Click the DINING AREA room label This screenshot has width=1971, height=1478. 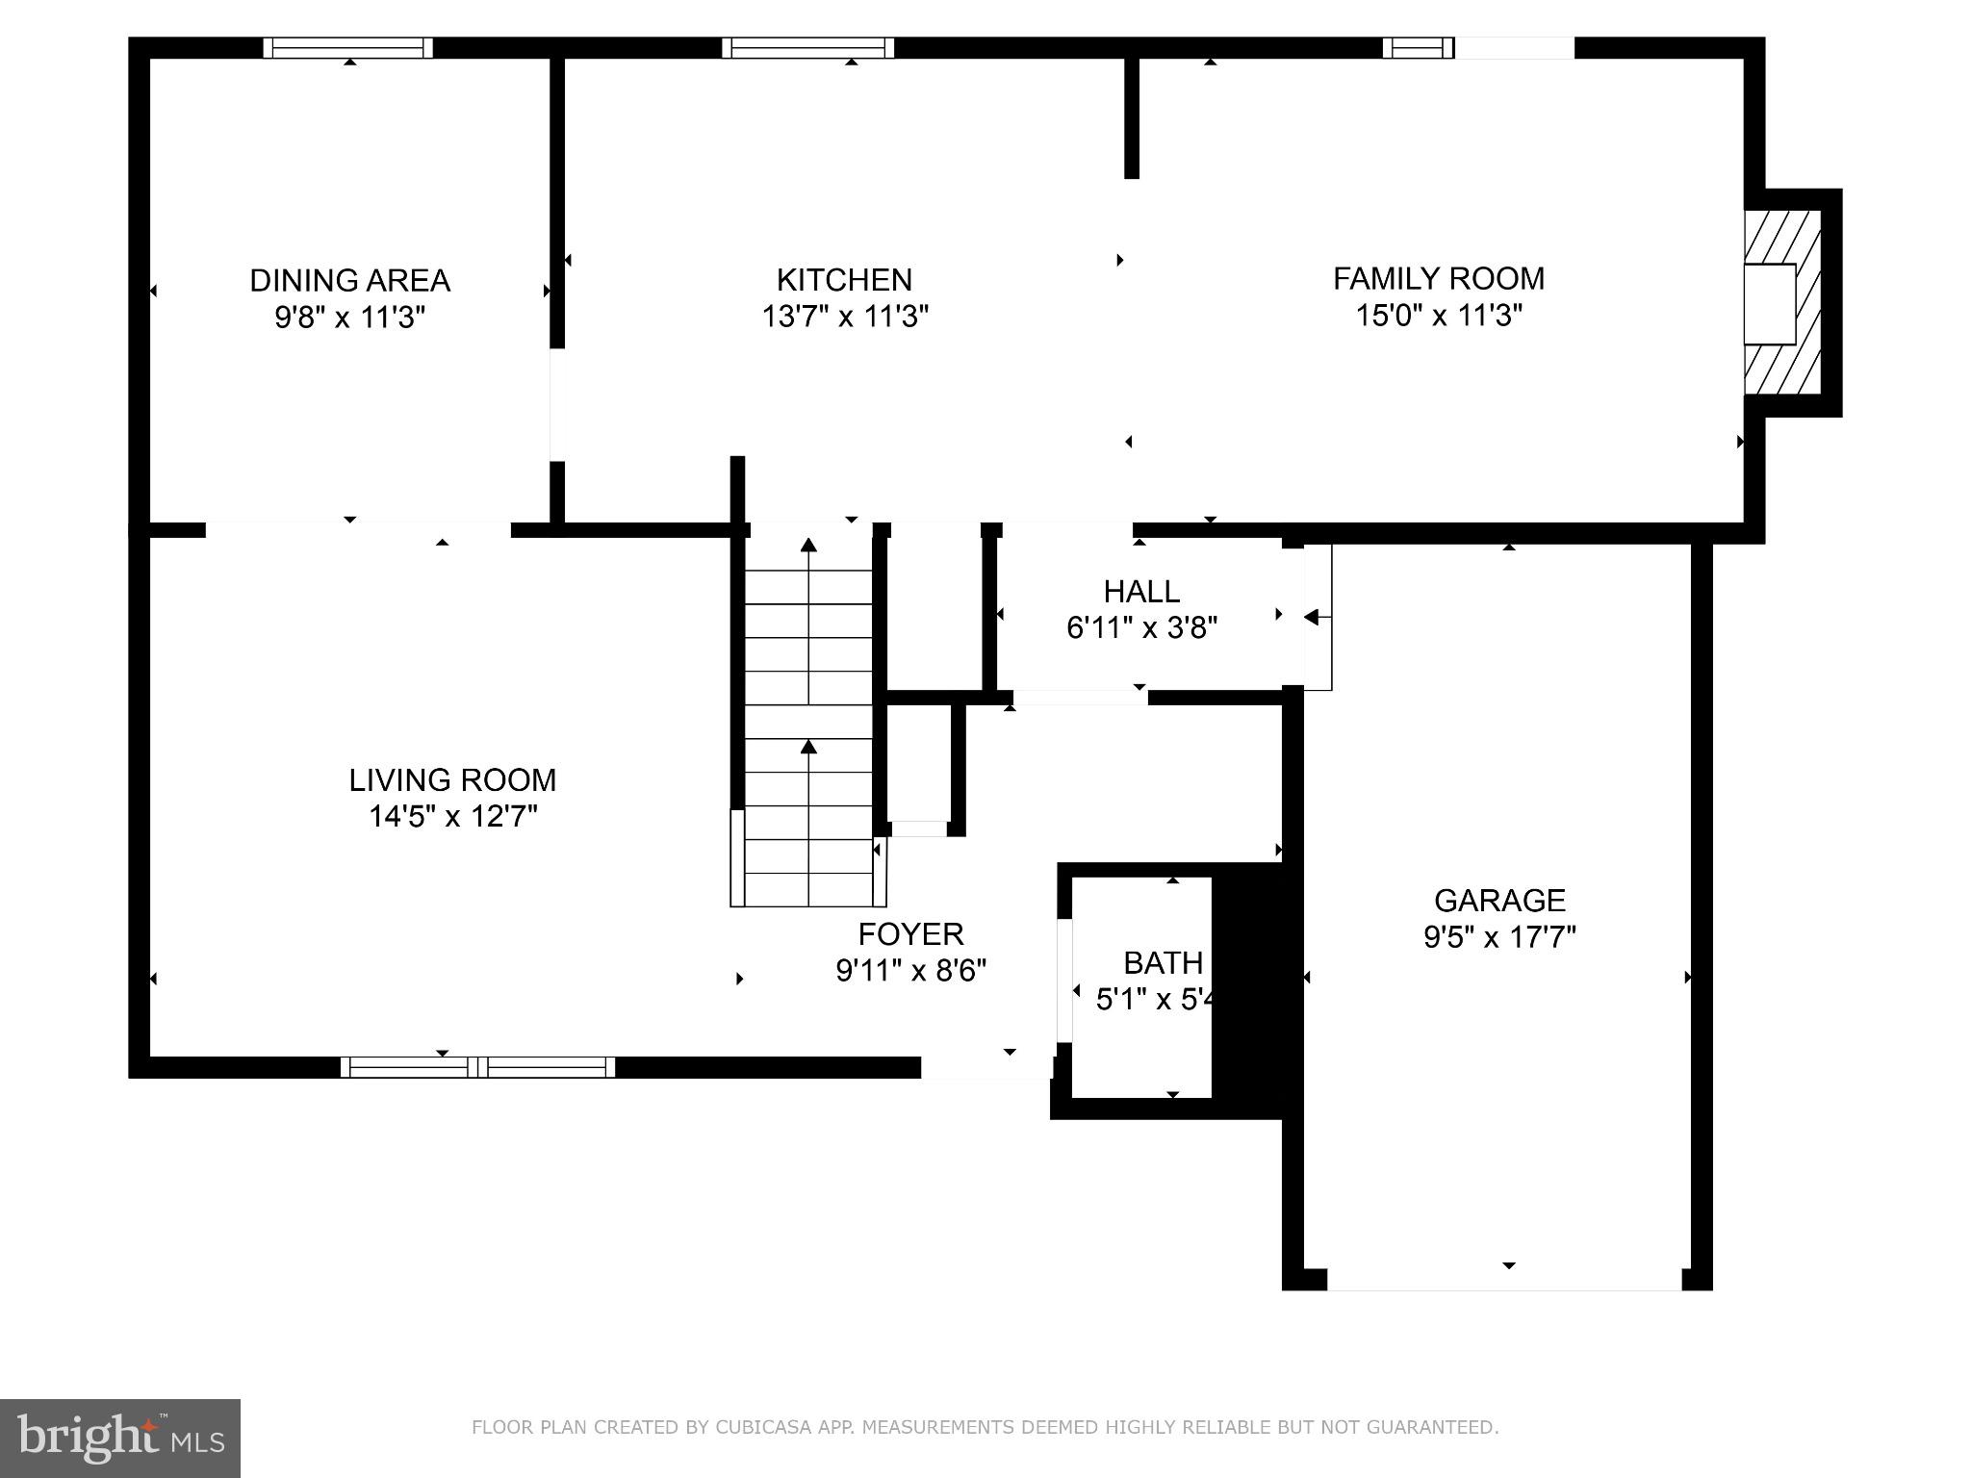click(x=349, y=280)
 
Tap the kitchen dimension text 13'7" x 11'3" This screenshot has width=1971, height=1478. click(x=844, y=316)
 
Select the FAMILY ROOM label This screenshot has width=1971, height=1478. click(x=1438, y=278)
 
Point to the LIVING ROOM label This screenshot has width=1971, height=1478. click(x=452, y=779)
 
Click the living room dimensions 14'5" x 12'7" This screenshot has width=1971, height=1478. click(x=452, y=816)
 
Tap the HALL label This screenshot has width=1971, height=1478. click(x=1141, y=591)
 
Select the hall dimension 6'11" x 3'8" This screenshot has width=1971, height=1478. click(x=1141, y=627)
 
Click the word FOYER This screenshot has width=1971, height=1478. click(x=910, y=933)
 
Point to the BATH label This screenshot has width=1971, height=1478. click(x=1163, y=962)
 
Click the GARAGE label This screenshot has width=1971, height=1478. click(x=1499, y=900)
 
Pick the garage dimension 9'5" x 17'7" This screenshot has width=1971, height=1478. click(x=1499, y=936)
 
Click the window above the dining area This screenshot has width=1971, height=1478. click(x=348, y=48)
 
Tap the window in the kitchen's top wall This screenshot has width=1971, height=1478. click(x=807, y=48)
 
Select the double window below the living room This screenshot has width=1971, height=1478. click(x=477, y=1066)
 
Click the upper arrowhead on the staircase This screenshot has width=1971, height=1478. click(x=808, y=546)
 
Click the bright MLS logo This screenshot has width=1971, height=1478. click(x=119, y=1438)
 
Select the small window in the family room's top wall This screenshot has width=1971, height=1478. click(x=1418, y=48)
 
